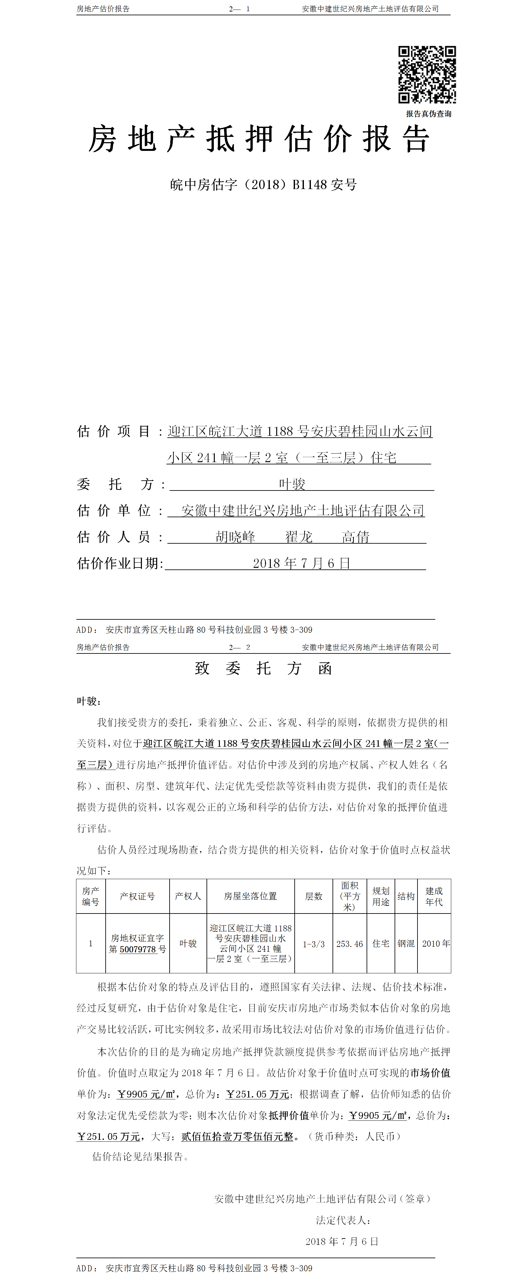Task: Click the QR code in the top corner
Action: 427,74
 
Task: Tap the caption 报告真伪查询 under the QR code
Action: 428,114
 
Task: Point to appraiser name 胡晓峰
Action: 235,537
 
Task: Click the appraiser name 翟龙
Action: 298,537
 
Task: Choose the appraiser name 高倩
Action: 355,537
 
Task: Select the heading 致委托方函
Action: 263,669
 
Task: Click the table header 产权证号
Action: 137,896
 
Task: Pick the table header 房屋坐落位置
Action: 250,896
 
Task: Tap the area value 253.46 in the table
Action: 349,944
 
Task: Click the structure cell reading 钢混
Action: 406,944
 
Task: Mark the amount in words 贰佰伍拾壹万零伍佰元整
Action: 237,1137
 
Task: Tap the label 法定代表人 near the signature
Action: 343,1220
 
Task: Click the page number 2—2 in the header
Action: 239,647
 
